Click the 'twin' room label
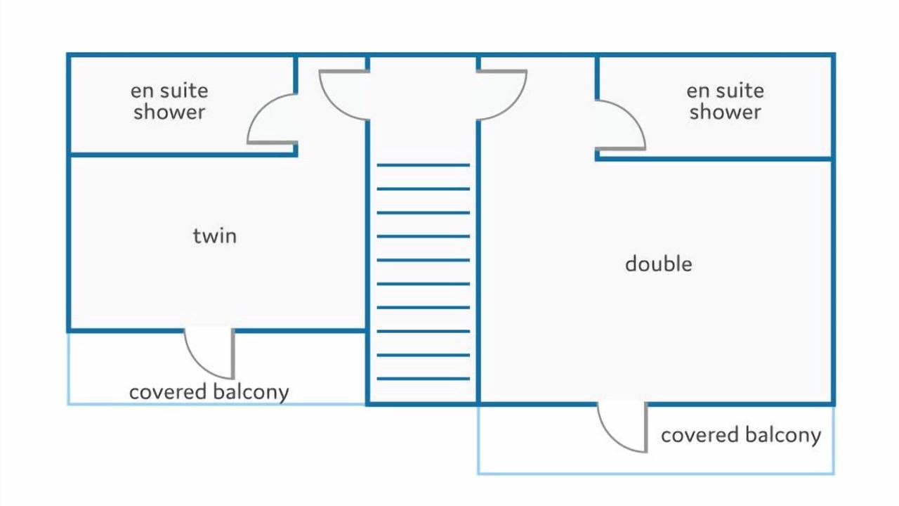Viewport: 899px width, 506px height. click(x=215, y=236)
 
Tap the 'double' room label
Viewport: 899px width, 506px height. click(x=658, y=264)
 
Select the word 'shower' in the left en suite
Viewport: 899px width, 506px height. click(x=169, y=112)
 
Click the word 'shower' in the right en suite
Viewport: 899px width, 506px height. click(x=725, y=112)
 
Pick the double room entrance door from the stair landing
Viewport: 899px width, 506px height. click(x=503, y=95)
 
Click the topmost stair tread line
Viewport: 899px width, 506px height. click(x=423, y=165)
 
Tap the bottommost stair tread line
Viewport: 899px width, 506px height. click(x=423, y=379)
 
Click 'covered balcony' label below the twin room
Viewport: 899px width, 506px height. click(x=209, y=392)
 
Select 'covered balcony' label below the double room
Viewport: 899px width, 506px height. click(x=741, y=435)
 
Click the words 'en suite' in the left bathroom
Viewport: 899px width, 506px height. click(x=169, y=91)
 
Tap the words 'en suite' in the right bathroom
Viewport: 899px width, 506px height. click(x=725, y=91)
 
